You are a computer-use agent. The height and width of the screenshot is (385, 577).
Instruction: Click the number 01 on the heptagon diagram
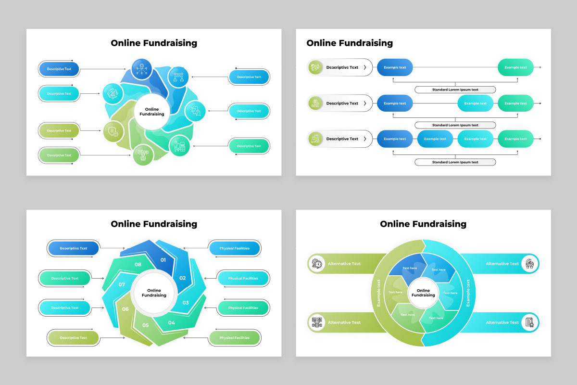(163, 260)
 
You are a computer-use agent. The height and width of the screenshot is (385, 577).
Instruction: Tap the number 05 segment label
(146, 325)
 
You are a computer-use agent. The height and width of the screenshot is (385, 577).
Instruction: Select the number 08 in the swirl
(138, 264)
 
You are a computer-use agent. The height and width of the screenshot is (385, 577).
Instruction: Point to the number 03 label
(186, 303)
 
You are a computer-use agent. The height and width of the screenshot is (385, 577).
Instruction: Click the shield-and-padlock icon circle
(113, 131)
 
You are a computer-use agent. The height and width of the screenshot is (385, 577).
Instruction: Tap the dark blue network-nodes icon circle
(142, 69)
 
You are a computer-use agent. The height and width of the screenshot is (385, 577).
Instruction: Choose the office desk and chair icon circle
(179, 146)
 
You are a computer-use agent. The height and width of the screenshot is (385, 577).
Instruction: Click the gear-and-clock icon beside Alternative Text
(317, 264)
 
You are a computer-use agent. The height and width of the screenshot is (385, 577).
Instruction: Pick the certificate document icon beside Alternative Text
(529, 322)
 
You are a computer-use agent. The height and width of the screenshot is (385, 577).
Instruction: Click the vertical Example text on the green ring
(378, 293)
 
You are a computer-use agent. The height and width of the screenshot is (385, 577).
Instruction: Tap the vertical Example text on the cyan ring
(468, 293)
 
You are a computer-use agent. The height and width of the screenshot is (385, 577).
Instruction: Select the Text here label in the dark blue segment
(410, 268)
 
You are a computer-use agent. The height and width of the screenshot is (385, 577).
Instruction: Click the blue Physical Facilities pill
(235, 248)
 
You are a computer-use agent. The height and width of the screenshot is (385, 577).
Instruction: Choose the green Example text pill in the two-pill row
(515, 67)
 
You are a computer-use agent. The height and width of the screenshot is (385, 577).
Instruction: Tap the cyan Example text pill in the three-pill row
(475, 103)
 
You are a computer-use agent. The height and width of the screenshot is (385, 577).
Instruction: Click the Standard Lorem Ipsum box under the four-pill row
(455, 162)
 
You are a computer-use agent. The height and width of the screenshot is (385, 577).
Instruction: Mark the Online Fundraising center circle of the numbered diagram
(154, 293)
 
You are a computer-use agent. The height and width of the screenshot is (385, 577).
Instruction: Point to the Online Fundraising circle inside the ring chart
(423, 293)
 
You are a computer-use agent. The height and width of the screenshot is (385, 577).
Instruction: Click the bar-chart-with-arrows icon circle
(113, 94)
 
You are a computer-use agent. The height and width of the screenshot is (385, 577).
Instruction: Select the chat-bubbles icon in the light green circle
(143, 155)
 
